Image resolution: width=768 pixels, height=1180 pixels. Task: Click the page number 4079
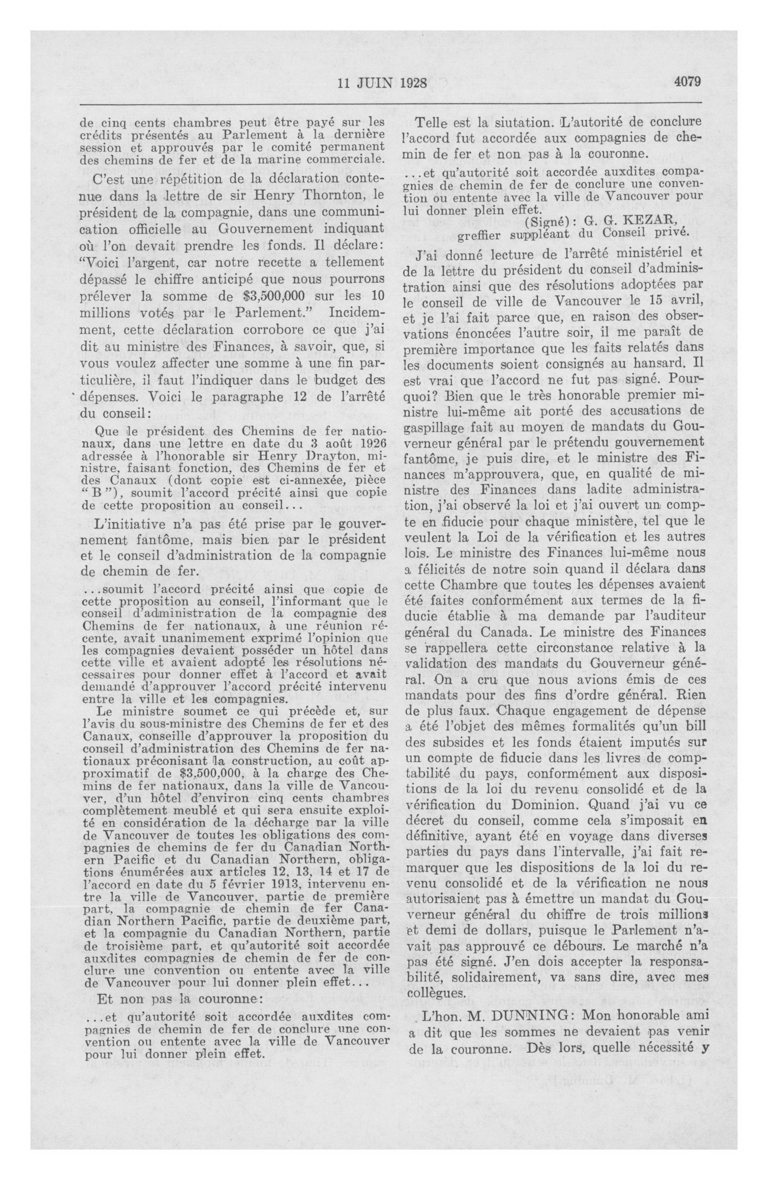(687, 81)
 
